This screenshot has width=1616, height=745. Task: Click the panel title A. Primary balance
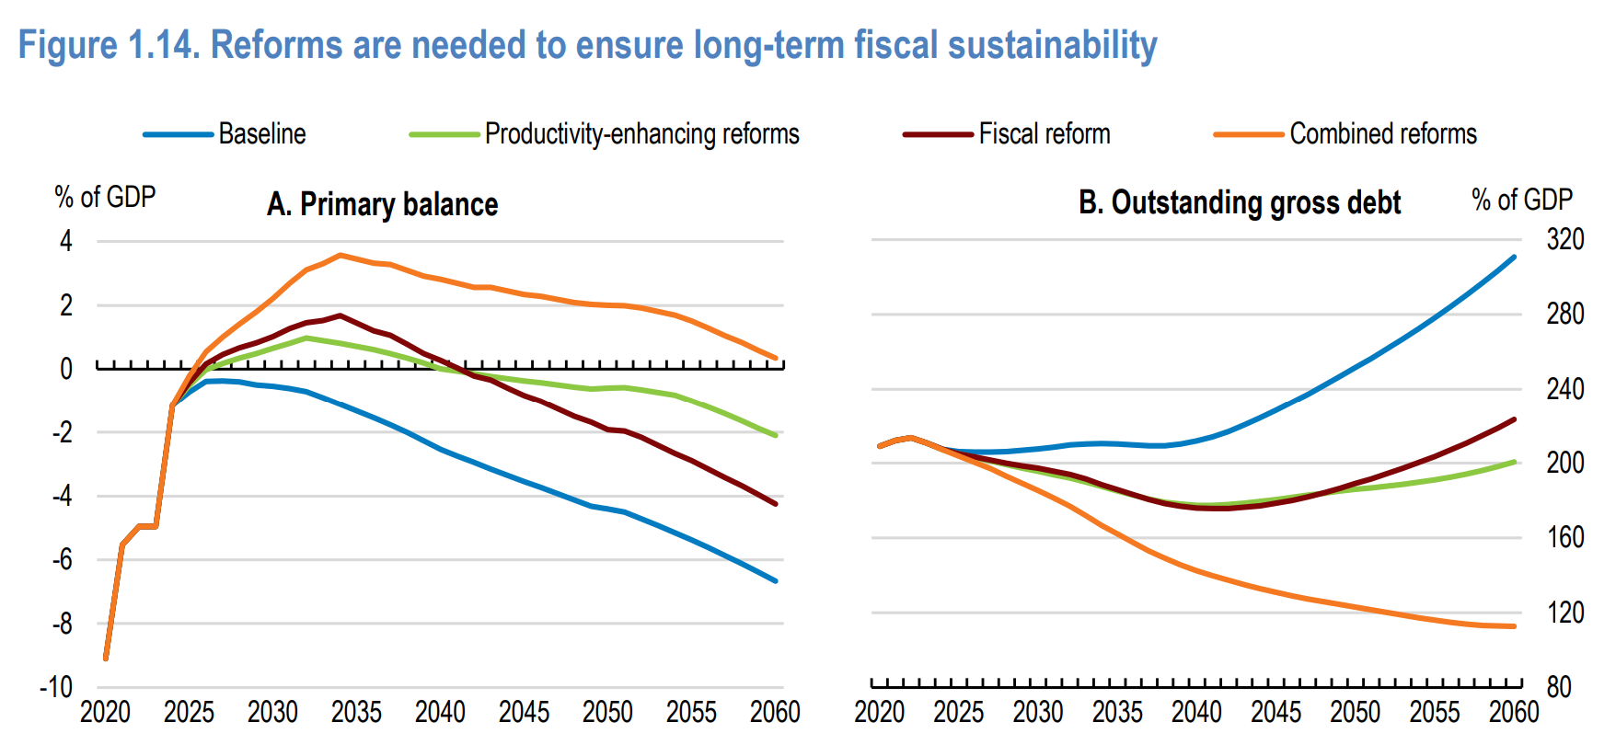click(x=382, y=204)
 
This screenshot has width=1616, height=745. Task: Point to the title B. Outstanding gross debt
click(x=1239, y=202)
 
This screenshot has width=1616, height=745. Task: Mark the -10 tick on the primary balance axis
click(x=56, y=687)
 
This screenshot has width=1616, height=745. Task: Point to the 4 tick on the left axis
click(x=66, y=242)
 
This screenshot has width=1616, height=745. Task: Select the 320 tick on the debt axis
click(x=1564, y=240)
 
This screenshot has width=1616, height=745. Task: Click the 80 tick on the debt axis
click(x=1559, y=687)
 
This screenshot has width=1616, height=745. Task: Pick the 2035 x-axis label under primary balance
click(x=356, y=712)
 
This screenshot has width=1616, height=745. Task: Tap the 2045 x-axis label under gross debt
click(x=1275, y=712)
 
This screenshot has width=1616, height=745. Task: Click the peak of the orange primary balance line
click(x=340, y=255)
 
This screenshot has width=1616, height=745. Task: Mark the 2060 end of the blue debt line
click(x=1514, y=257)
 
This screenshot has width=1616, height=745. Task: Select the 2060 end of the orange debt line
click(x=1514, y=626)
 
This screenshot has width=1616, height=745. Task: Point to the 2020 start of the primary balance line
click(x=106, y=658)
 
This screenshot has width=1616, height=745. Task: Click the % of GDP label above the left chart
click(x=105, y=197)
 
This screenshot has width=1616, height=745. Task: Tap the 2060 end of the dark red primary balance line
click(x=776, y=504)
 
